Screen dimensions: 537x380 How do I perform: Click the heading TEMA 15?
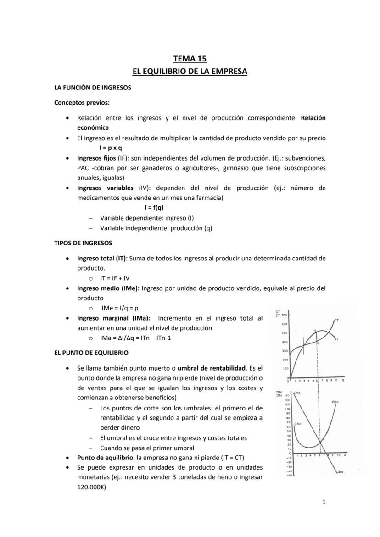(x=190, y=58)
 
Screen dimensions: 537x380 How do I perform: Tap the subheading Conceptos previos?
(x=82, y=102)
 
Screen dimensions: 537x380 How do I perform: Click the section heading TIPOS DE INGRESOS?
(x=83, y=243)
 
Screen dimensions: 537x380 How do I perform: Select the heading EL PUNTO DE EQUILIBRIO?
(x=91, y=353)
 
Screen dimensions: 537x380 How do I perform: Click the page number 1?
(x=324, y=502)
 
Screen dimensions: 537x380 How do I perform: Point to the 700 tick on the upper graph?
(x=284, y=316)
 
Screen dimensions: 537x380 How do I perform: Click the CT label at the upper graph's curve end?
(x=336, y=320)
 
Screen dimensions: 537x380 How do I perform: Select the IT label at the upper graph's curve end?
(x=336, y=339)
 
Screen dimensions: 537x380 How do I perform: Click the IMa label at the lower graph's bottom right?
(x=340, y=472)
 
